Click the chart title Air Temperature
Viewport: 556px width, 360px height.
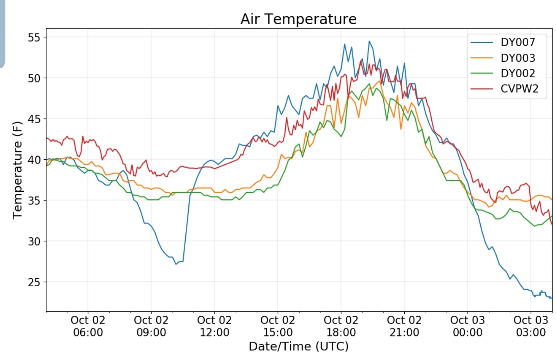[298, 19]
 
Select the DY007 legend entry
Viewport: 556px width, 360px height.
[518, 42]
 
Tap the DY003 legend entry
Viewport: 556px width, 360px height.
[518, 58]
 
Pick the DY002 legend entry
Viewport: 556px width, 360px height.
[518, 73]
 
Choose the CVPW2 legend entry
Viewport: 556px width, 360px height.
[519, 89]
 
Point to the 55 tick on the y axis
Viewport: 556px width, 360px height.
[34, 37]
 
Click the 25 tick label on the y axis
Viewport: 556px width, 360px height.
[34, 282]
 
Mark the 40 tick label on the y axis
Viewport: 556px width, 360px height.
[34, 160]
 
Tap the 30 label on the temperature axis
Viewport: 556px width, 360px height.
[34, 242]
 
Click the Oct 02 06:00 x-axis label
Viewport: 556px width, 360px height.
[88, 326]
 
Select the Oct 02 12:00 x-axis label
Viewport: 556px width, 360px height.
[214, 326]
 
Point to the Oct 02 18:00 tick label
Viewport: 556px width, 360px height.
[341, 326]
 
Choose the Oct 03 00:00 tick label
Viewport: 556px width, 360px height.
[467, 326]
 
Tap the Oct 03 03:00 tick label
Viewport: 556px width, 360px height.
[531, 326]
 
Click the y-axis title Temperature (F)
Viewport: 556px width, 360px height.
[17, 170]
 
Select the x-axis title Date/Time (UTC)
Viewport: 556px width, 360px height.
[298, 346]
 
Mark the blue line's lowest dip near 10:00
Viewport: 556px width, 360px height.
[176, 264]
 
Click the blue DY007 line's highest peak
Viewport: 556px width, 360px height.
[369, 41]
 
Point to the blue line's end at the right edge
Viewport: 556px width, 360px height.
[552, 298]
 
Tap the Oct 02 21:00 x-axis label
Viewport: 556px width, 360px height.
[404, 326]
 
